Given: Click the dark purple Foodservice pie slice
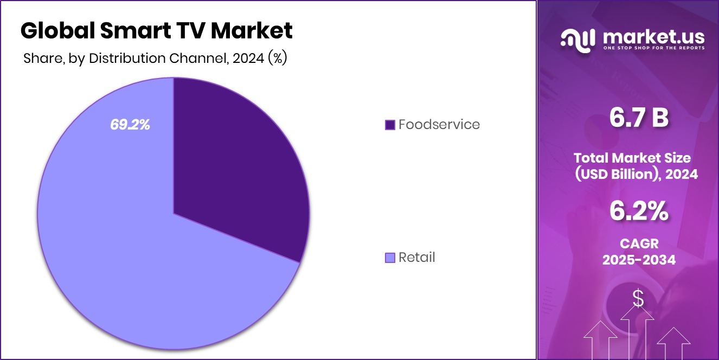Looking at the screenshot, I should coord(233,163).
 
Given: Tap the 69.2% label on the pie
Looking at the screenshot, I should coord(130,124).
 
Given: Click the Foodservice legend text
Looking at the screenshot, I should coord(439,124).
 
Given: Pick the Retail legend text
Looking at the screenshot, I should coord(417,257).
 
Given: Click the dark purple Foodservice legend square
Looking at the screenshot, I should coord(390,125).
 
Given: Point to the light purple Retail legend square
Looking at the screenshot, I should coord(390,258).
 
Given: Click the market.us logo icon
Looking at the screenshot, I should coord(576,39).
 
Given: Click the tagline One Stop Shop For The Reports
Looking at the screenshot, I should coord(653,48).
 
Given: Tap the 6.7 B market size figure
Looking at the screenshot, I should coord(639,118).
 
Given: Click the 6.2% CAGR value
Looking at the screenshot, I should coord(639,211).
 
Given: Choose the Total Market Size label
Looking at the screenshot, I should coord(632,158).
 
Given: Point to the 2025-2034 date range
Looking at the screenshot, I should coord(639,260).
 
